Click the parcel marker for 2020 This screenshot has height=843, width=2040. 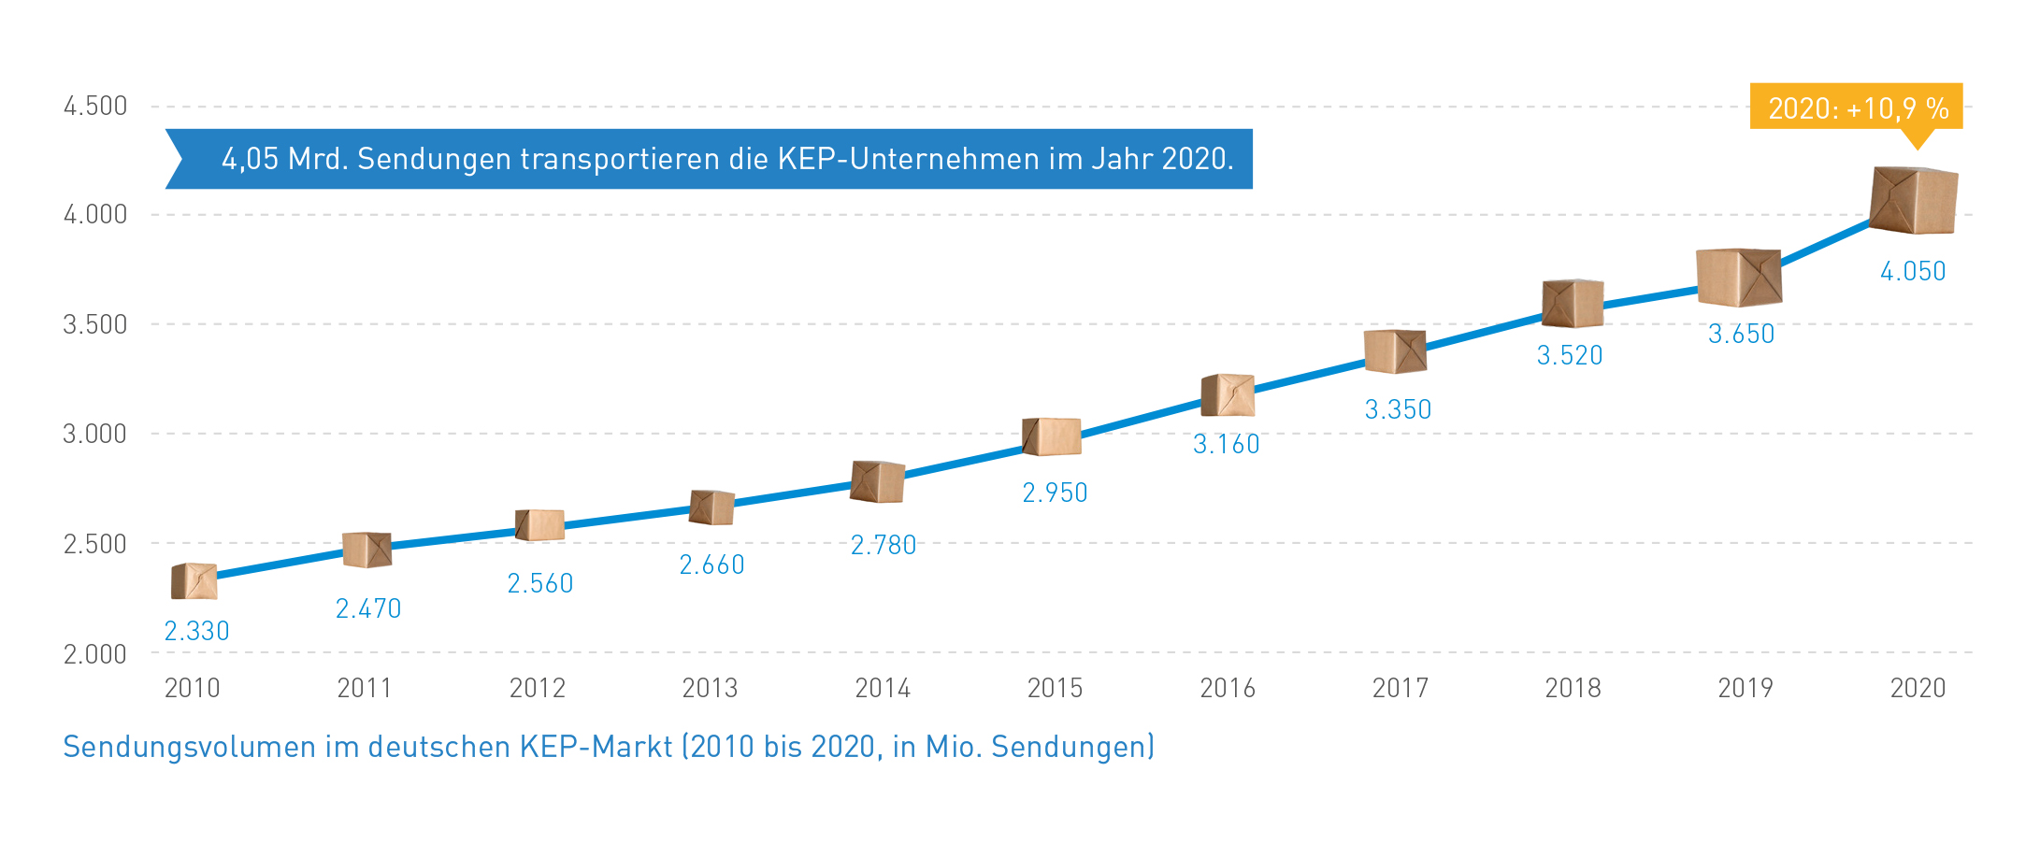coord(1914,200)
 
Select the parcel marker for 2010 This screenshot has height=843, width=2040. coord(194,581)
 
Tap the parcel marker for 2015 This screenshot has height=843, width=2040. coord(1052,436)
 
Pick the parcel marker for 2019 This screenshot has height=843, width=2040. coord(1739,278)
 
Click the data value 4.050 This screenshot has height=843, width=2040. coord(1913,272)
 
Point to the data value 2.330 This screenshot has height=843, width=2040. coord(196,632)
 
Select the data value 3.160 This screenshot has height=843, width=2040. coord(1226,444)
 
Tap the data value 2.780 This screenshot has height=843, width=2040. coord(883,545)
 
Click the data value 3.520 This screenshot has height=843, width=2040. coord(1570,355)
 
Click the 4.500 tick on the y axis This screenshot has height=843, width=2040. coord(95,106)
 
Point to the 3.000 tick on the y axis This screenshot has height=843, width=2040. coord(95,434)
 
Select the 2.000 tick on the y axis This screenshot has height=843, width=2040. coord(95,654)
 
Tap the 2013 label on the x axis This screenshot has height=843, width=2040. coord(710,689)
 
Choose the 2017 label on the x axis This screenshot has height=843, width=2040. coord(1400,689)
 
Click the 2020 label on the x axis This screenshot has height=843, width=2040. coord(1918,689)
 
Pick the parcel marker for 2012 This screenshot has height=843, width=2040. coord(539,525)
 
